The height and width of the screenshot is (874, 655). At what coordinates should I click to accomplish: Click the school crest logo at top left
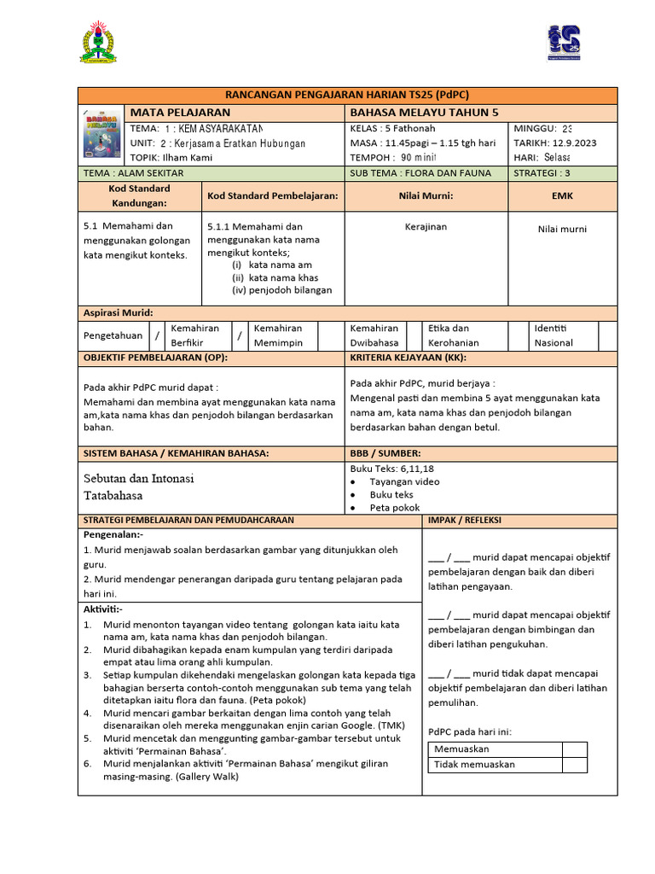99,44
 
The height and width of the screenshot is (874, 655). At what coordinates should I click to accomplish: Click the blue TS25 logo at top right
563,43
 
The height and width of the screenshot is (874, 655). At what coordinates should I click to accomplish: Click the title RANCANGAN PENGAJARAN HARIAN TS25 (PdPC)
347,95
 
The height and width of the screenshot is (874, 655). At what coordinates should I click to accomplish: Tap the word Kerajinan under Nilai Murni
426,227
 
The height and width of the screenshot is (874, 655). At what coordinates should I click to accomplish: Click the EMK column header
562,195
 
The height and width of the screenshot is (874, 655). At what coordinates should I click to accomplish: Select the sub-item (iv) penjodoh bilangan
281,289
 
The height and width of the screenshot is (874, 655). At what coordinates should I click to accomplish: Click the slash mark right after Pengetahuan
156,336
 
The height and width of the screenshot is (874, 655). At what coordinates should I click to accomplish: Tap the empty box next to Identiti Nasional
607,335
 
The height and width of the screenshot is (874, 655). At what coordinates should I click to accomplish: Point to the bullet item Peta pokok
394,507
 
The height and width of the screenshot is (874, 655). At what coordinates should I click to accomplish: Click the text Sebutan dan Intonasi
138,478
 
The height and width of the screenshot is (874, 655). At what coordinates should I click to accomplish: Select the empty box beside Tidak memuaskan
574,765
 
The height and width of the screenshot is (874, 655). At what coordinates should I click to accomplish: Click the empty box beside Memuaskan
574,749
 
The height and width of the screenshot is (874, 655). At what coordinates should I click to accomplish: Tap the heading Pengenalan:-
113,533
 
